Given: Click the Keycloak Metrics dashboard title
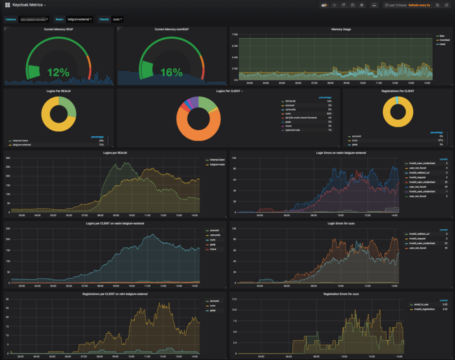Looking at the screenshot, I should click(x=27, y=5).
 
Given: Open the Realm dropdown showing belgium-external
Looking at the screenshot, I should click(x=80, y=19).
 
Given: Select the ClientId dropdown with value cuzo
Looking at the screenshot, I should click(x=117, y=19).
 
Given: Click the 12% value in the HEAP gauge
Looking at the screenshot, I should click(x=58, y=72).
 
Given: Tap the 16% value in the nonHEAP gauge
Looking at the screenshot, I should click(x=171, y=72).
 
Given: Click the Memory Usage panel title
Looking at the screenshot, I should click(x=341, y=29).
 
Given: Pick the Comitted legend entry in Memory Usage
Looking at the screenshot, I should click(x=444, y=40).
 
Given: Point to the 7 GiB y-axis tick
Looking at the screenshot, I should click(x=235, y=35).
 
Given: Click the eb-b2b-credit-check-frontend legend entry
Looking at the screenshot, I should click(x=301, y=118).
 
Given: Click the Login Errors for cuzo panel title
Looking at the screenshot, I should click(x=341, y=224).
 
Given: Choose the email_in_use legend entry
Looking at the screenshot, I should click(x=421, y=305).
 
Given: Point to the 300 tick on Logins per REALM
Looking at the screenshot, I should click(x=8, y=158).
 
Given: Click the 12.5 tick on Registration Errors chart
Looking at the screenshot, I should click(x=234, y=299).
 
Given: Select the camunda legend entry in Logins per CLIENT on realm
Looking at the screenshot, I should click(x=215, y=235).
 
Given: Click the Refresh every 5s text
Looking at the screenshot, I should click(x=419, y=5).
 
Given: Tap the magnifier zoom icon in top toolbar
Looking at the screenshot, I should click(x=437, y=5).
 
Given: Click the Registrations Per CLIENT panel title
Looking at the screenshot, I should click(x=398, y=91).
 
